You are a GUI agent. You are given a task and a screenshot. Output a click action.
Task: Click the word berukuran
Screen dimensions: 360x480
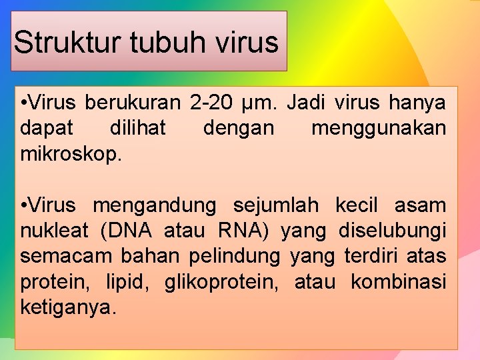pos(133,104)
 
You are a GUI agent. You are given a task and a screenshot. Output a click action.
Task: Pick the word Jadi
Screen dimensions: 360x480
pos(309,104)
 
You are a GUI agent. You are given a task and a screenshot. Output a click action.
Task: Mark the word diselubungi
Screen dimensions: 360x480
pos(393,231)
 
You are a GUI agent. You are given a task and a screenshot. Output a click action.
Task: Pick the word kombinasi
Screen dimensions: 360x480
pos(399,281)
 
